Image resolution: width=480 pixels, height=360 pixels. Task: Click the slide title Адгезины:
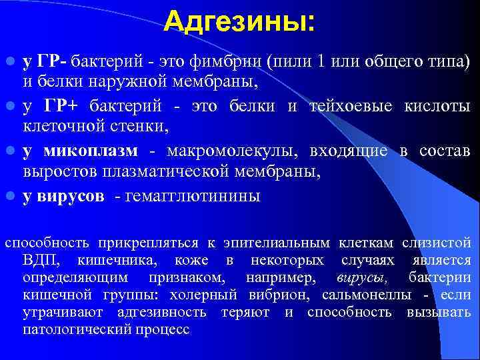point(239,22)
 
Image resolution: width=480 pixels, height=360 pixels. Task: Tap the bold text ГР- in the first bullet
point(52,63)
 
